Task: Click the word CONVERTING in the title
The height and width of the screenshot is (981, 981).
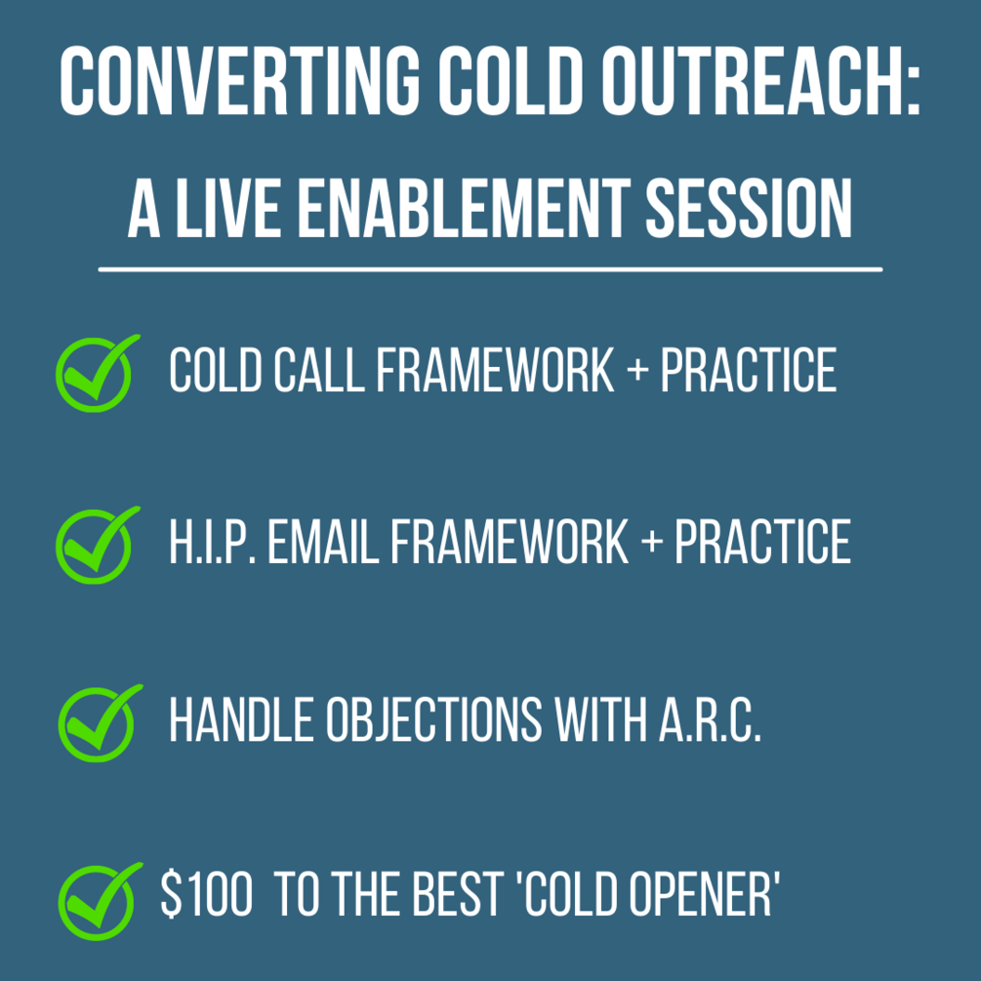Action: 239,81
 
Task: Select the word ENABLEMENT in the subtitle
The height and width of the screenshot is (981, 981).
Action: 464,209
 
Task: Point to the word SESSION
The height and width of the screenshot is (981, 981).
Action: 749,209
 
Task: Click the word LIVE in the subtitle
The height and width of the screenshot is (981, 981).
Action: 228,209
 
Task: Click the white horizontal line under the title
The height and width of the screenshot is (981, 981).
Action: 490,269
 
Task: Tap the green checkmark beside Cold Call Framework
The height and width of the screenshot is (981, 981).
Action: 97,373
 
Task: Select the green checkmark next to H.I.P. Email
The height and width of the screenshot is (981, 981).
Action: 97,545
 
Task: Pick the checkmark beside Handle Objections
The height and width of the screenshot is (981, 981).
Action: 100,723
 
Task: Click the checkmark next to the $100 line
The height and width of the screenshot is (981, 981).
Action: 100,901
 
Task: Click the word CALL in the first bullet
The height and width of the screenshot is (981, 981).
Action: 319,370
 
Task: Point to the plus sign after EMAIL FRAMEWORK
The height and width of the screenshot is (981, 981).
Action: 652,541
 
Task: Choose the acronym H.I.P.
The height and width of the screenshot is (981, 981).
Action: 212,542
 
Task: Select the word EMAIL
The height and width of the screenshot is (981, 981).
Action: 323,542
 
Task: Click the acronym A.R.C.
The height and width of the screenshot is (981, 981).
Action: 710,720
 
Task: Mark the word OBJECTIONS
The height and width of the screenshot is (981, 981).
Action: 433,720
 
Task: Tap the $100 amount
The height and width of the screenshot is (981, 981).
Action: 207,894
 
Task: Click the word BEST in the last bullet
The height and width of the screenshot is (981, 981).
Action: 457,894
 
